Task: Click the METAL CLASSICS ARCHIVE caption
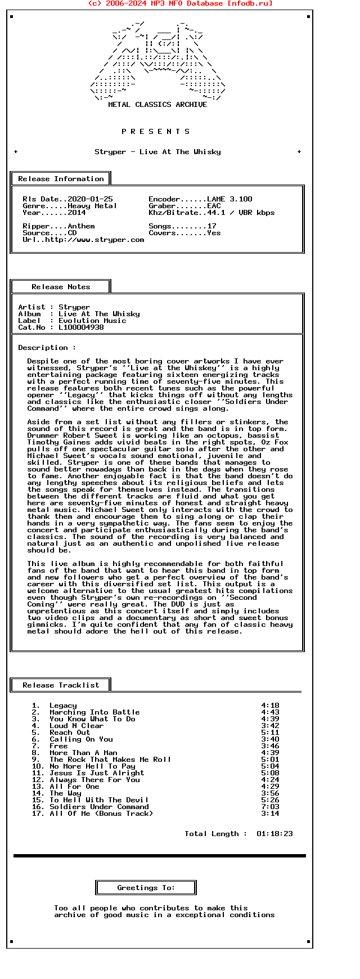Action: pyautogui.click(x=157, y=105)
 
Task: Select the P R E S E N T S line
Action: pyautogui.click(x=156, y=132)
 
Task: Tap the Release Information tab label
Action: pyautogui.click(x=61, y=179)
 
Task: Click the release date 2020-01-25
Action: pyautogui.click(x=90, y=199)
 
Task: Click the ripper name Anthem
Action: pyautogui.click(x=81, y=226)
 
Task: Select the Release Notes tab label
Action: pyautogui.click(x=61, y=287)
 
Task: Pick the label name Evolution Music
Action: pyautogui.click(x=92, y=321)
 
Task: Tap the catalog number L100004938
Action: pyautogui.click(x=81, y=327)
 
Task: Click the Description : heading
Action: pyautogui.click(x=47, y=348)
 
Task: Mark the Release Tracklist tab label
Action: pyautogui.click(x=61, y=685)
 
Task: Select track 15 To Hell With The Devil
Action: pyautogui.click(x=99, y=800)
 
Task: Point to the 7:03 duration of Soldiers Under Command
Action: pyautogui.click(x=270, y=807)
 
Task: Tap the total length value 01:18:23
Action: pyautogui.click(x=274, y=834)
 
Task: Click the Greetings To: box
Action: pyautogui.click(x=146, y=888)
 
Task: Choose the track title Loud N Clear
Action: pyautogui.click(x=76, y=726)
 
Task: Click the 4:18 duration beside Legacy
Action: pyautogui.click(x=270, y=706)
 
